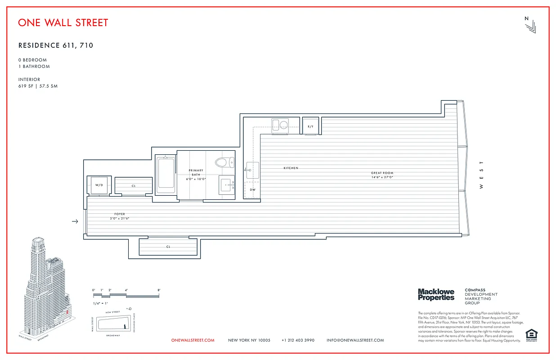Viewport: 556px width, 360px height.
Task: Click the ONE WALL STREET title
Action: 63,22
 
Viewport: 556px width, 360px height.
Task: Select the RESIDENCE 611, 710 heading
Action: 56,45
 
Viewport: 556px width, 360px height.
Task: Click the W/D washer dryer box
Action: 98,185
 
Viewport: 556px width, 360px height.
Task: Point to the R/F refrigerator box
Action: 310,126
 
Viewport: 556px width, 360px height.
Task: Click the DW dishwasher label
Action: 253,189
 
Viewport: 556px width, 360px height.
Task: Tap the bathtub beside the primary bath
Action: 166,175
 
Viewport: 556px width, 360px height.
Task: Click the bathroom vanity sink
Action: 227,185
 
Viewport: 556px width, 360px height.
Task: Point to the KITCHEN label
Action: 291,168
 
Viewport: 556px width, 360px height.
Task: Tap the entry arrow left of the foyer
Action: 75,221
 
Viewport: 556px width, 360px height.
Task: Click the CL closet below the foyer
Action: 168,247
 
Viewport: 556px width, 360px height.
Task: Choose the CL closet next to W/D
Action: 134,185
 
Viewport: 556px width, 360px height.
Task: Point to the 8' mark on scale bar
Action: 159,290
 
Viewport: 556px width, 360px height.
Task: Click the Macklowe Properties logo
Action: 436,295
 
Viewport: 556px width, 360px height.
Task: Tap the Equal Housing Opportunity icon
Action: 531,335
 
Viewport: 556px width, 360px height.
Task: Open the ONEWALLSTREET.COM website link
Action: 193,340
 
